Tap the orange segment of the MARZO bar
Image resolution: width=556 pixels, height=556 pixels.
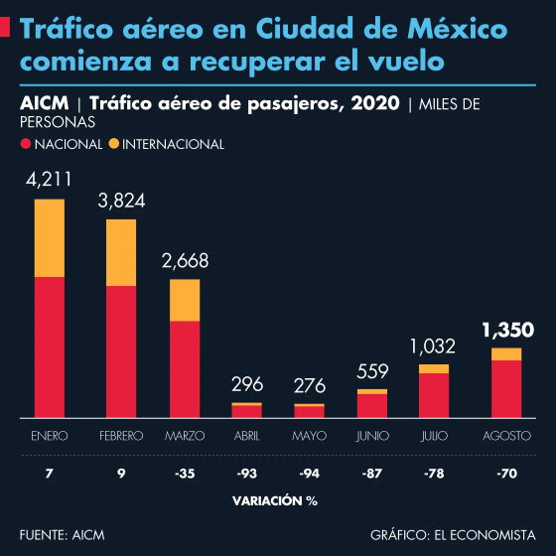tap(185, 300)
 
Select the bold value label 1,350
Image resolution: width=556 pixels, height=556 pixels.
tap(507, 330)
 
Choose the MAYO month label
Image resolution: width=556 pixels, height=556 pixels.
tap(310, 436)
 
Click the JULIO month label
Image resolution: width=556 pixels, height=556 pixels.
tap(434, 436)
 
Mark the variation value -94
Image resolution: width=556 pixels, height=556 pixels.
tap(310, 476)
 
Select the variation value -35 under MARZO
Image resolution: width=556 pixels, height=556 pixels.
tap(185, 476)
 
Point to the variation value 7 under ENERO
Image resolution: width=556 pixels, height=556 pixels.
tap(50, 476)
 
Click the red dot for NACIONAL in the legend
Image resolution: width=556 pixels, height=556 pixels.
tap(26, 145)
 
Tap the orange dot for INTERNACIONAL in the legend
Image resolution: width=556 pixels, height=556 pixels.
tap(114, 145)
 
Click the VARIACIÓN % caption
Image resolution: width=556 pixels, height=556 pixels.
tap(275, 500)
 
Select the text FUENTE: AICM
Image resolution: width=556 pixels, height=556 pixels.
tap(62, 535)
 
